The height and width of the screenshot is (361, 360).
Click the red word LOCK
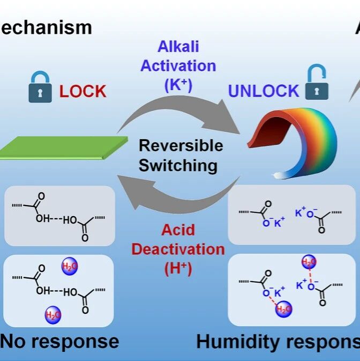coord(83,92)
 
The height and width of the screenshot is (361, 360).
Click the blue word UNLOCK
coord(264,91)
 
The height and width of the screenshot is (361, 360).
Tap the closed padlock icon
coord(40,89)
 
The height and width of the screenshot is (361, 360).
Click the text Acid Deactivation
coord(178,240)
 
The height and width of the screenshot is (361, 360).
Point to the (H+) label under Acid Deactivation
coord(178,267)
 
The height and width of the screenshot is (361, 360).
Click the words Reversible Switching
coord(178,155)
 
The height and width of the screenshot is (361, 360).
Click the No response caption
coord(59,342)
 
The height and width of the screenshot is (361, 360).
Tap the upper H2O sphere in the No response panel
coord(70,266)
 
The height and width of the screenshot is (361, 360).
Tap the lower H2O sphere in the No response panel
coord(52,314)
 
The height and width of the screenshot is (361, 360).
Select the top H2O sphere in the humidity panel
coord(309,262)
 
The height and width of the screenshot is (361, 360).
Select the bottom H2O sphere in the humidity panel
coord(283,309)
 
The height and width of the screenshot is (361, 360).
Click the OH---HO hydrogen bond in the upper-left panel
coord(56,220)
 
